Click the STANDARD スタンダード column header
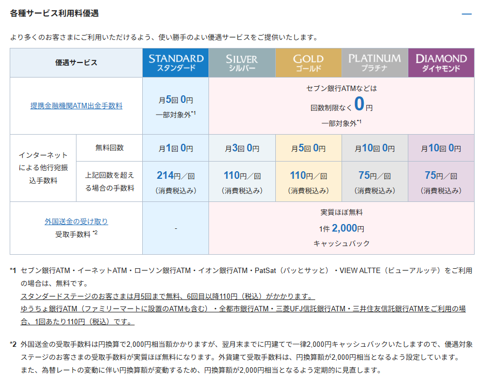point(176,63)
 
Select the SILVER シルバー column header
point(242,63)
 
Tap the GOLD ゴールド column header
point(308,63)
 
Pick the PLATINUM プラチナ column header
point(374,63)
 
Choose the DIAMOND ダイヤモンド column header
point(441,63)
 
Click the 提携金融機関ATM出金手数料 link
point(76,106)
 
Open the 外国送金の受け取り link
point(76,221)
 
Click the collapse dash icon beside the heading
point(467,14)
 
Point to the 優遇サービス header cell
point(76,63)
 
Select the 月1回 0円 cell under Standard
point(176,148)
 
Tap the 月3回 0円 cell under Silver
point(242,148)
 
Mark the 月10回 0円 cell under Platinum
point(374,148)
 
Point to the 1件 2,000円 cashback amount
point(342,228)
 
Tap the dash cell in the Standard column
point(176,228)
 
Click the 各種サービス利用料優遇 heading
point(54,13)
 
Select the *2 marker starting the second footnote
point(13,344)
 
